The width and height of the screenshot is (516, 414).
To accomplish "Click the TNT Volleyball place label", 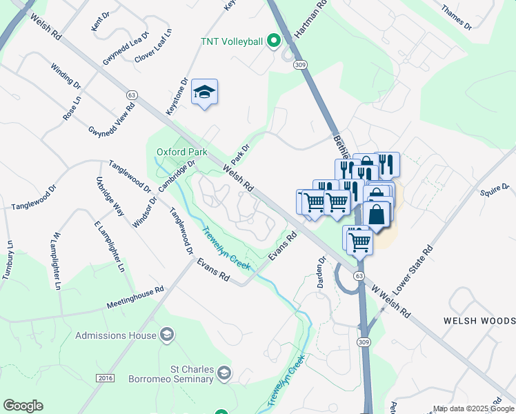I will [230, 41].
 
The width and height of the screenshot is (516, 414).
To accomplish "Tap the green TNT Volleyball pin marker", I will [274, 41].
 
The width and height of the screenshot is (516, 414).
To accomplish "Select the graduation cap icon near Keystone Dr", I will [204, 92].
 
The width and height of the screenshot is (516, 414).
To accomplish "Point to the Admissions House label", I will [115, 335].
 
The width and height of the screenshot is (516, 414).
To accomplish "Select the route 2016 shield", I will [104, 379].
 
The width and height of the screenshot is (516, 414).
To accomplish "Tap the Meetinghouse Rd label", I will [135, 298].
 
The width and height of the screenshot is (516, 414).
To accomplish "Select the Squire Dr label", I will [495, 188].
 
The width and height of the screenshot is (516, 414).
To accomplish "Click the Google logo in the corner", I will [23, 406].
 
